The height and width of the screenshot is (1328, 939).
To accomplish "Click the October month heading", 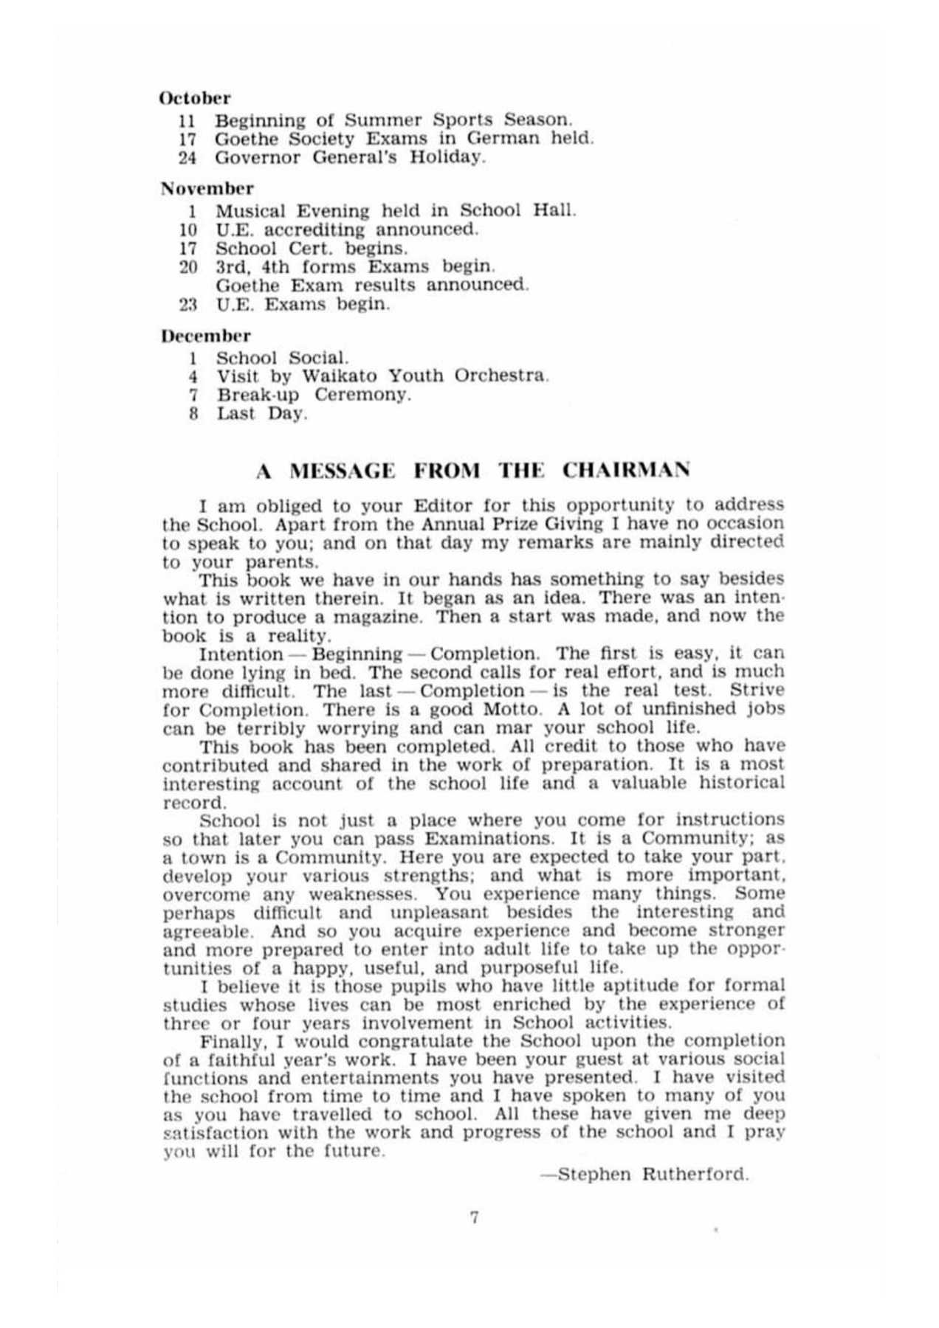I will [195, 98].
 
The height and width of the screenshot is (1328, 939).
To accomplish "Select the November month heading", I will [207, 188].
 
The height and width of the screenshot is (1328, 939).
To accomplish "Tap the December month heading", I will [206, 336].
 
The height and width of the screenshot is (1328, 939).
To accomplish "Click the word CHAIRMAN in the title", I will [626, 470].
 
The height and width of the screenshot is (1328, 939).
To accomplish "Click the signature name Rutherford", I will [695, 1174].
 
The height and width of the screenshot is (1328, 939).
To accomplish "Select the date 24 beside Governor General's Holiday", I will [187, 157].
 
